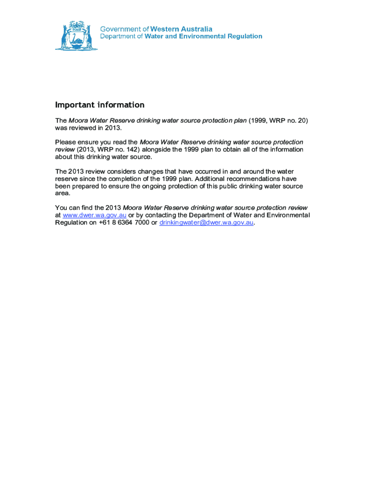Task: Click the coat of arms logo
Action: click(x=76, y=36)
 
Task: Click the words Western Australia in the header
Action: click(x=181, y=29)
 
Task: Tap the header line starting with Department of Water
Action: click(x=181, y=36)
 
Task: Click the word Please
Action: click(x=66, y=142)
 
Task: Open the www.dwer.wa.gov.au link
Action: click(x=94, y=216)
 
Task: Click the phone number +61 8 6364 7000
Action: click(x=124, y=223)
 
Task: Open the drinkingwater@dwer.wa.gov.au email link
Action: click(x=206, y=223)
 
